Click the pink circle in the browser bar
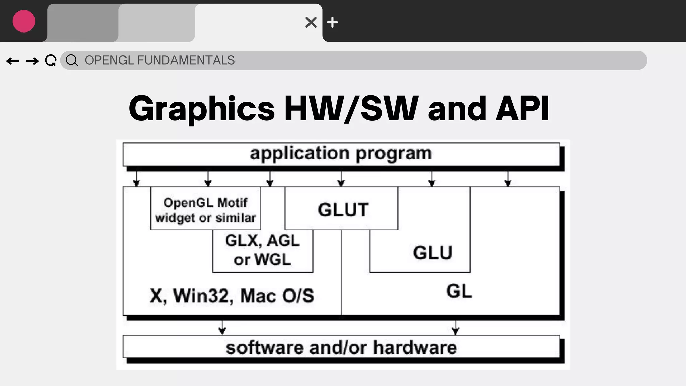(x=24, y=21)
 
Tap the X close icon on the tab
(x=311, y=22)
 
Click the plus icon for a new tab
(x=332, y=22)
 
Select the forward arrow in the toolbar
(x=32, y=61)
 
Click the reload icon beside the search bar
(x=51, y=61)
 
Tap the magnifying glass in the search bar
(x=72, y=61)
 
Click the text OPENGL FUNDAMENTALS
(x=160, y=60)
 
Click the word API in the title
(x=522, y=108)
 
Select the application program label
(x=341, y=154)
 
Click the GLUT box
(x=343, y=210)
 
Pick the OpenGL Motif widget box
(x=205, y=210)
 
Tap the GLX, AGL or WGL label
(x=262, y=250)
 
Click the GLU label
(x=432, y=253)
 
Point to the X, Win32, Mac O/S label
(x=232, y=296)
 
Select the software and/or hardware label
(x=341, y=347)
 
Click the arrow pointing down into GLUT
(x=341, y=179)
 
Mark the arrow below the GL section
(x=455, y=327)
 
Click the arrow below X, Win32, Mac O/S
(x=222, y=327)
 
